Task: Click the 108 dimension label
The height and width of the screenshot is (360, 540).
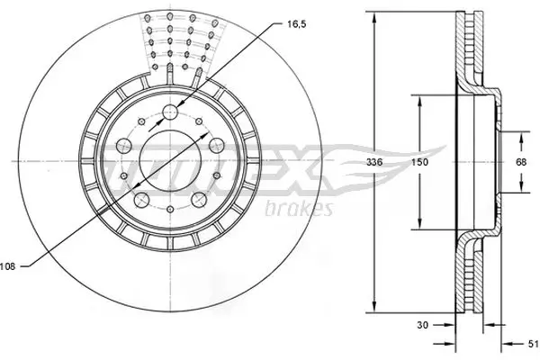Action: (9, 265)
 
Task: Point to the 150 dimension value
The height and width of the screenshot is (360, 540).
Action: (418, 164)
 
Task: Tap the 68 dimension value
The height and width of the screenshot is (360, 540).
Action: (521, 162)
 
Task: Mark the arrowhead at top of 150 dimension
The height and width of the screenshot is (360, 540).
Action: (418, 98)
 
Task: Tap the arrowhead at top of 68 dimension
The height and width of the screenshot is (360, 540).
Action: (521, 135)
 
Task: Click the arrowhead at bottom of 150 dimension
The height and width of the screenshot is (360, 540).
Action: (418, 228)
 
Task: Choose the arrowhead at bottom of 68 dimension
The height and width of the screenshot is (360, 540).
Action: (521, 191)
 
